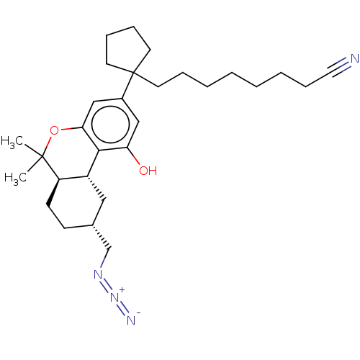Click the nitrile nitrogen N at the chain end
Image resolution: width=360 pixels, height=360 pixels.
click(x=355, y=58)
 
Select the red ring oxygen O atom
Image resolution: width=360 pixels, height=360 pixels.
click(x=55, y=130)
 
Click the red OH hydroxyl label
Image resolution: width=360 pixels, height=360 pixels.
click(x=148, y=171)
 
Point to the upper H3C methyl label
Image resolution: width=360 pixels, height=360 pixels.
click(x=12, y=141)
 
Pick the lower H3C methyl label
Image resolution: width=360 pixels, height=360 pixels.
click(x=15, y=179)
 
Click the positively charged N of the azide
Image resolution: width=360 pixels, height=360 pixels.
click(x=115, y=297)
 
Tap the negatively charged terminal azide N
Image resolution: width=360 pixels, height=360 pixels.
click(x=131, y=320)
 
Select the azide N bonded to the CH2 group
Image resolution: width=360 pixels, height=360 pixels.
click(x=98, y=274)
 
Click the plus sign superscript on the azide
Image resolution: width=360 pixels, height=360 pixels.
click(x=122, y=290)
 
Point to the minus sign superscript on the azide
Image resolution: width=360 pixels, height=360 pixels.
click(x=138, y=312)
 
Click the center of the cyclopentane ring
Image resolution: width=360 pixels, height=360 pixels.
click(x=126, y=50)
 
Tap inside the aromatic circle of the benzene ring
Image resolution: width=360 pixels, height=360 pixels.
click(x=111, y=125)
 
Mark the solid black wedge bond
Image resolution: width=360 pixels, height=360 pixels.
click(x=53, y=192)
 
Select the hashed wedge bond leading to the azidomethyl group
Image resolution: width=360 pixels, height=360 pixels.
click(x=102, y=237)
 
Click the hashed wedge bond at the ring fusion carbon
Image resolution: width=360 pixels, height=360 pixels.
click(x=96, y=189)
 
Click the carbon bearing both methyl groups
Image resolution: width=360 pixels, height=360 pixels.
click(x=42, y=156)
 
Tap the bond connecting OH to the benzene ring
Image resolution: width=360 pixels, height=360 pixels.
click(x=133, y=156)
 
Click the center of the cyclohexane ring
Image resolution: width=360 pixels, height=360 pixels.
click(x=76, y=202)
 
